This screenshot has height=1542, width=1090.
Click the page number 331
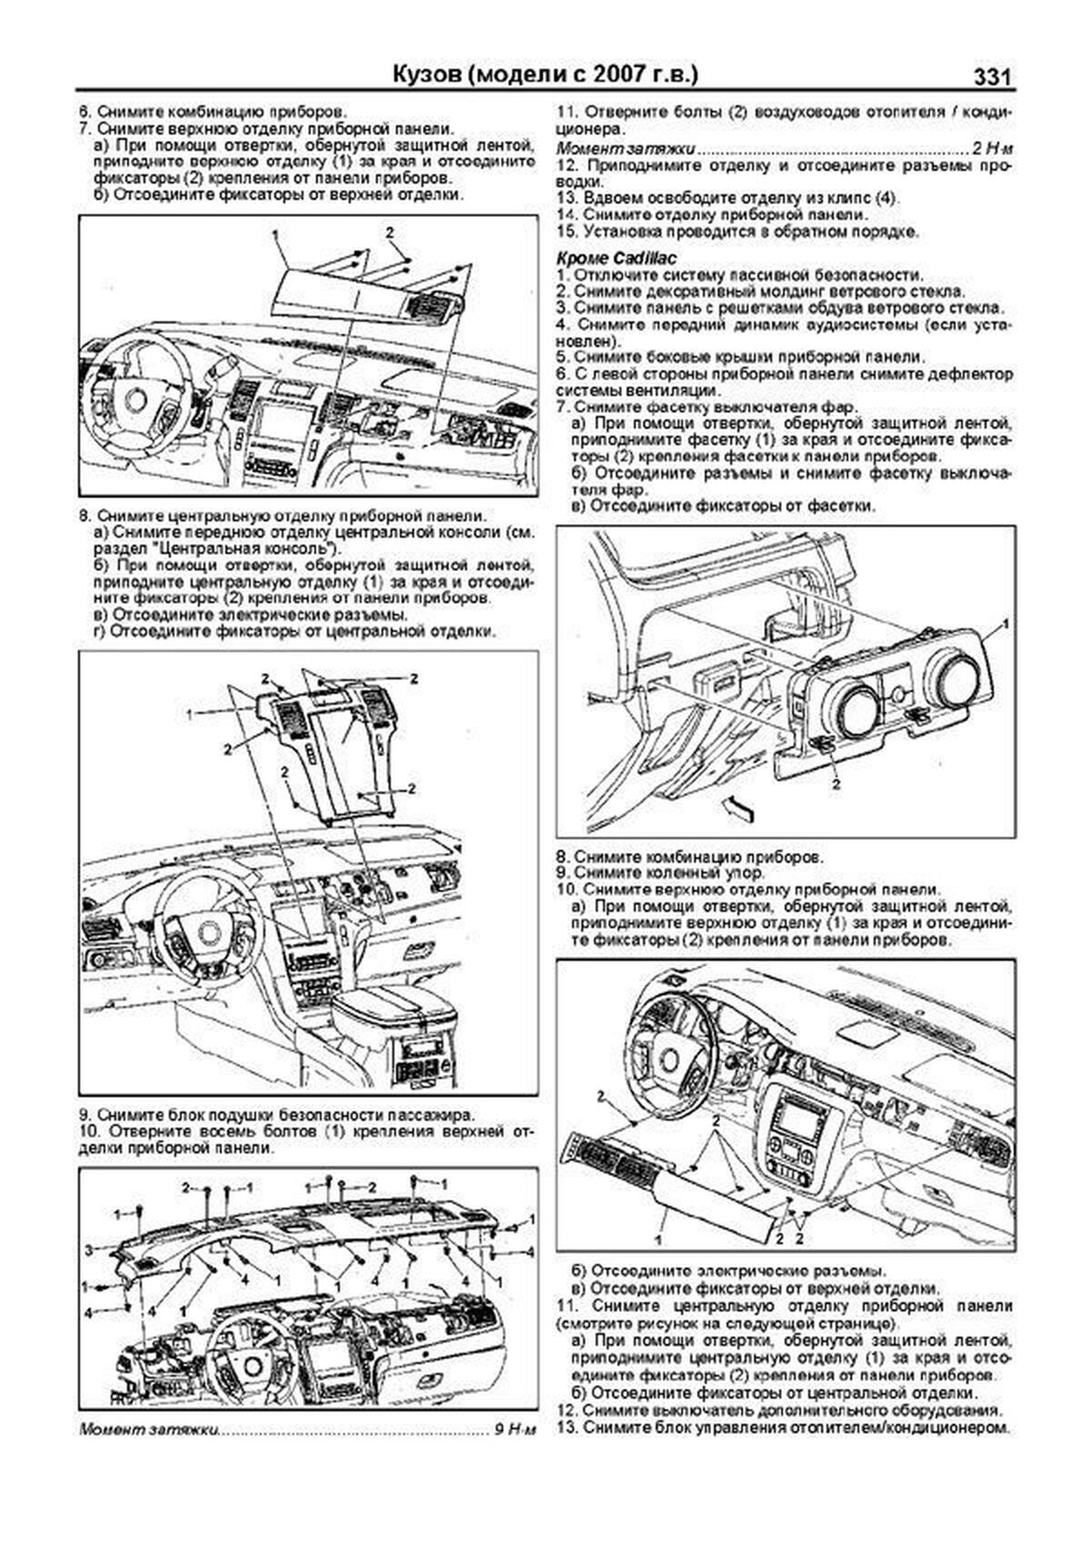992,77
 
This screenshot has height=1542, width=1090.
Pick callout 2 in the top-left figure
390,232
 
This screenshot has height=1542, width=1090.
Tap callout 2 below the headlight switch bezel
836,785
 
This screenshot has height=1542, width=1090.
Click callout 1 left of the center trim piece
191,716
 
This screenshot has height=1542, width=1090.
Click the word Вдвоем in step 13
610,199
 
